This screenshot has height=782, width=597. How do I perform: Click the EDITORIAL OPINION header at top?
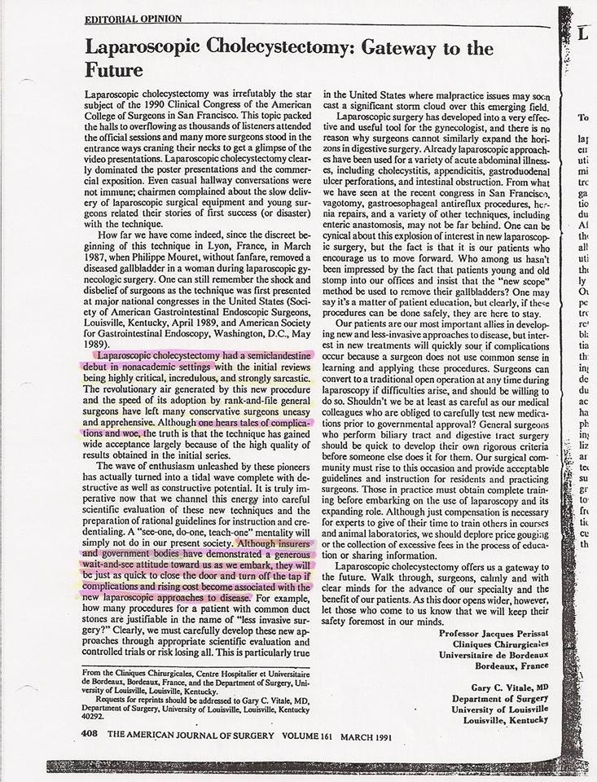point(133,19)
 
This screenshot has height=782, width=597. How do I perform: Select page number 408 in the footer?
point(90,733)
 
